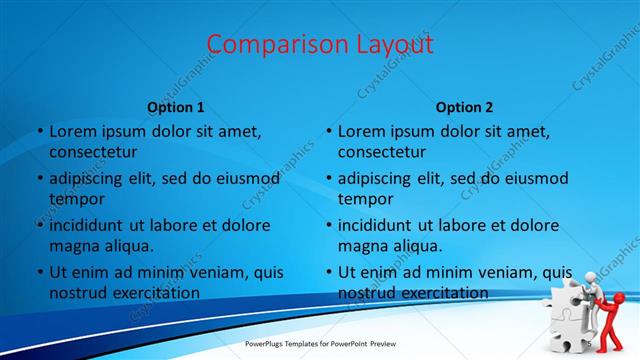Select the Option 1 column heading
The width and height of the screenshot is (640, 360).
click(176, 107)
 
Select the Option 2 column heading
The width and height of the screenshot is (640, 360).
click(465, 107)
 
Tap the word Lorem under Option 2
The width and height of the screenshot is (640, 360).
click(361, 131)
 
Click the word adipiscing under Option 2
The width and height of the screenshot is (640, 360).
click(381, 178)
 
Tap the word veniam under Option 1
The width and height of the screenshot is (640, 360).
click(207, 272)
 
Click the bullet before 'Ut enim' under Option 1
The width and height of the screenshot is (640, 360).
click(38, 272)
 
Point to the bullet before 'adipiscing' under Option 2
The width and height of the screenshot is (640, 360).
click(327, 178)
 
